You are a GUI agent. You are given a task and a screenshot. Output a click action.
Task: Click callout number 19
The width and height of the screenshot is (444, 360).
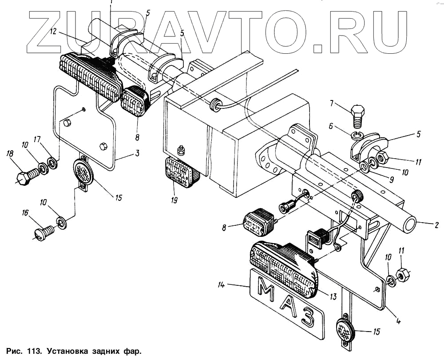tap(174, 200)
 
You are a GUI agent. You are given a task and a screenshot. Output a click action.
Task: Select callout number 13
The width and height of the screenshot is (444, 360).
tap(333, 297)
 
